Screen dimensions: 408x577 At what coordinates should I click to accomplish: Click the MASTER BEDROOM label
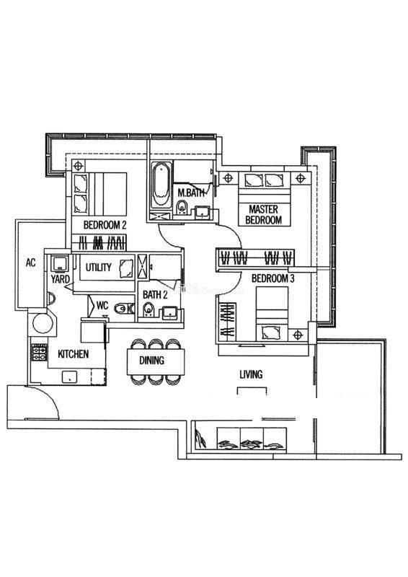coord(263,215)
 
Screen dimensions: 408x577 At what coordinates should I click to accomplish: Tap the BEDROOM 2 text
coord(105,225)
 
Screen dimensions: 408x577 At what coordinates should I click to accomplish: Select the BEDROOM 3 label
coord(273,278)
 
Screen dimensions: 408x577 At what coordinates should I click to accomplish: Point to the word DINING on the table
coord(151,360)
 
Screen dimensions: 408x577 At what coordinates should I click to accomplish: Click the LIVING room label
coord(251,374)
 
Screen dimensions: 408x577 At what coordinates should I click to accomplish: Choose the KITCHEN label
coord(74,354)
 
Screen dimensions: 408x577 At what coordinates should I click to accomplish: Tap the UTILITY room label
coord(98,267)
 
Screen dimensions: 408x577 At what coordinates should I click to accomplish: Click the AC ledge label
coord(31,263)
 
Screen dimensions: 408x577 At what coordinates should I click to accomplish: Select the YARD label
coord(60,279)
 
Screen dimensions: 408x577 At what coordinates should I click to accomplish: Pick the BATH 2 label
coord(155,295)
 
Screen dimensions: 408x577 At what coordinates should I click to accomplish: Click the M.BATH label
coord(190,193)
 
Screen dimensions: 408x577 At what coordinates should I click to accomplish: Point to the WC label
coord(102,305)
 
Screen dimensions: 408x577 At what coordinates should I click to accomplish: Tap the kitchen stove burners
coord(40,352)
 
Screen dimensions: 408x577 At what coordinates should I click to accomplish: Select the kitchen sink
coord(69,376)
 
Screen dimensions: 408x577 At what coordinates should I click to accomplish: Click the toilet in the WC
coord(123,309)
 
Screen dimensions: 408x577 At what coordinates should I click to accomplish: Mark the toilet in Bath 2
coord(148,309)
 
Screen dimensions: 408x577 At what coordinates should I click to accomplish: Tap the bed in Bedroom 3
coord(272,314)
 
